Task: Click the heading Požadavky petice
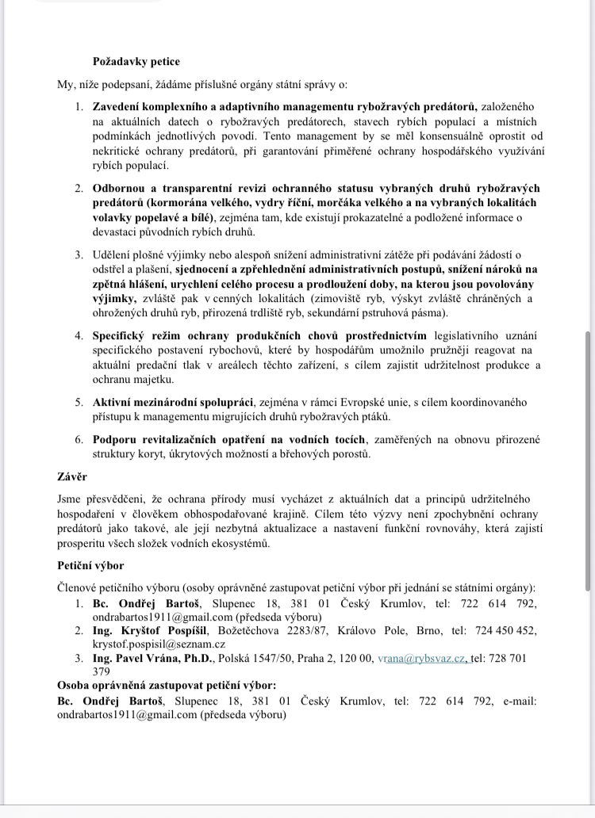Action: (136, 62)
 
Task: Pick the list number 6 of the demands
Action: (80, 438)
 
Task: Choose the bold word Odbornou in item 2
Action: (119, 188)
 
